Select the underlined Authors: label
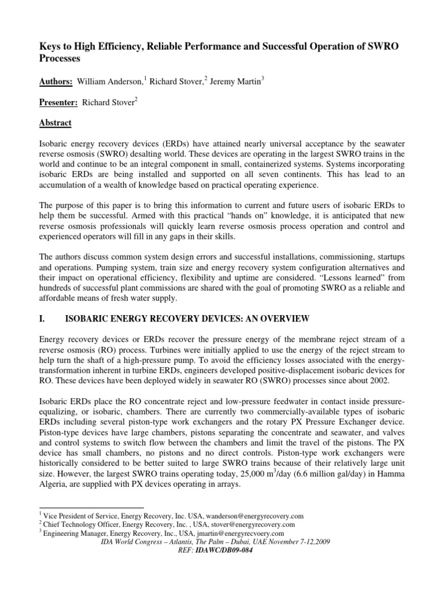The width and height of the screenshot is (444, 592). tap(55, 82)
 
